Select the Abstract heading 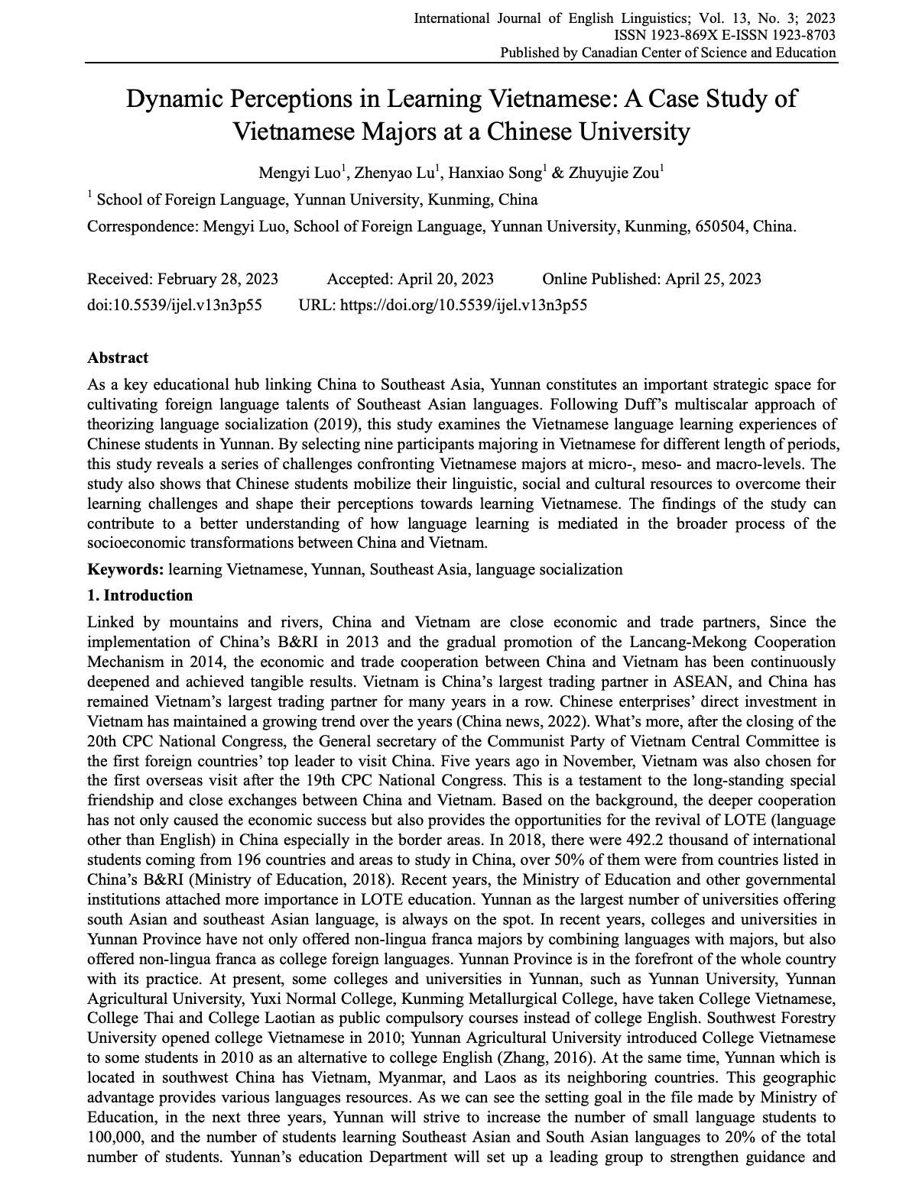118,358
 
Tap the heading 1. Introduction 140,595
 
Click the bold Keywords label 125,569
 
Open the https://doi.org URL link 463,305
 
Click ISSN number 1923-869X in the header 679,35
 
